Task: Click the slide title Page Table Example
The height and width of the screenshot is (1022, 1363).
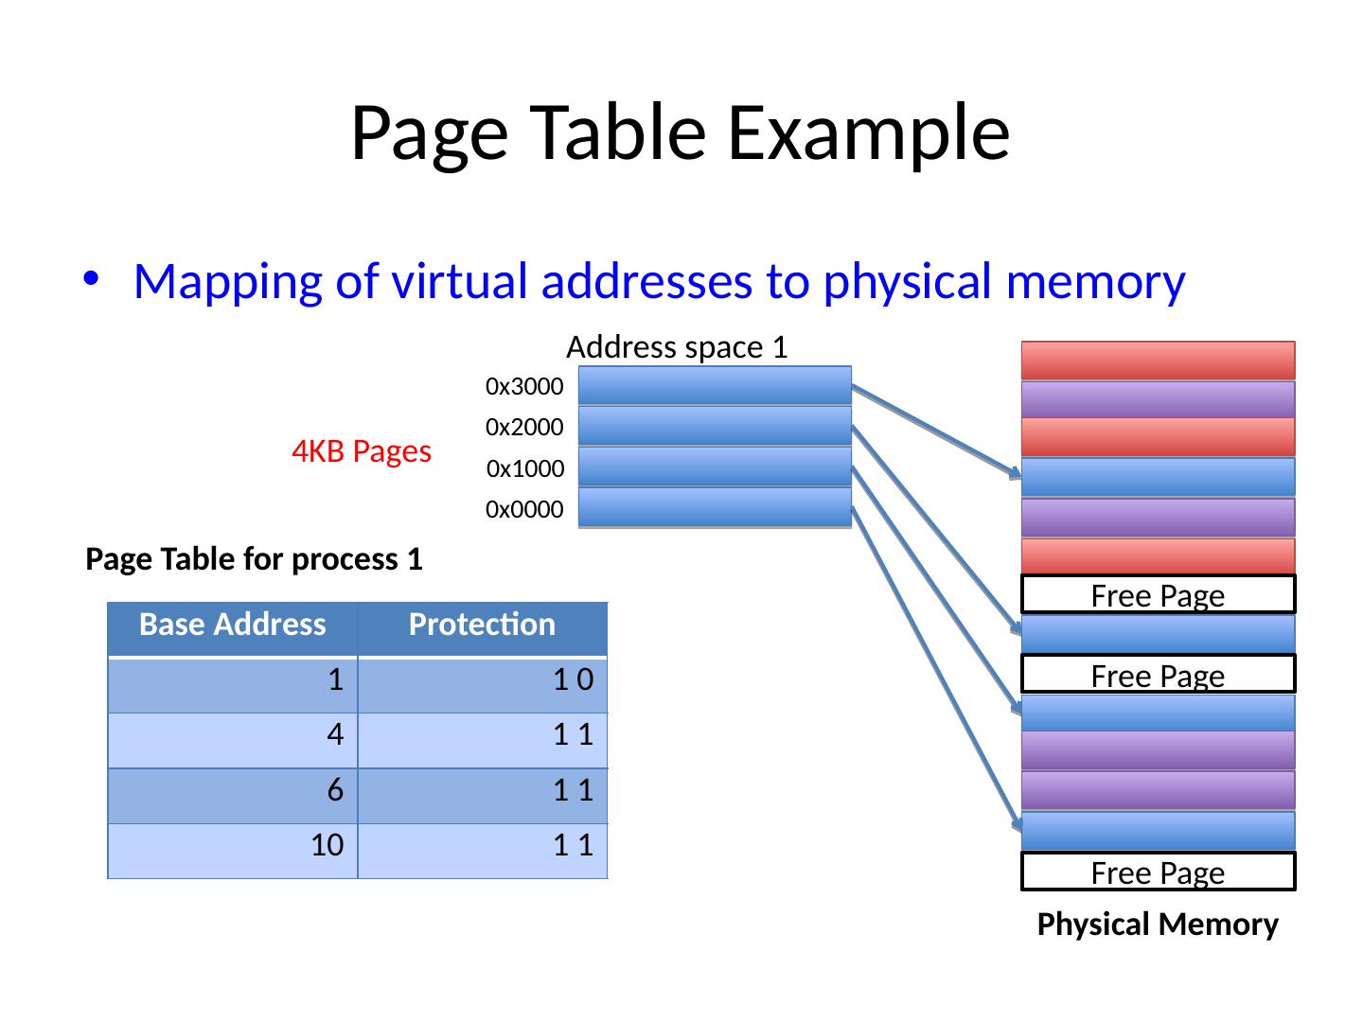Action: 680,132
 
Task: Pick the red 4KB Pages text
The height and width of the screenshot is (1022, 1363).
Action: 362,452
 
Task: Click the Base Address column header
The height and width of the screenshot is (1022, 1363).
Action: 233,626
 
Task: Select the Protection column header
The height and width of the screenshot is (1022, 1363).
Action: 482,626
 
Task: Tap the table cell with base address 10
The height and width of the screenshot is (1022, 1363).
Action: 233,846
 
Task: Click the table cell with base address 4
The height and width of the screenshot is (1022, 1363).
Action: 233,735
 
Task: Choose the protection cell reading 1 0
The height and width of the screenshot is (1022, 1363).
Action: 482,680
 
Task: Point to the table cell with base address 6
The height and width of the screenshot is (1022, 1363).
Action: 233,791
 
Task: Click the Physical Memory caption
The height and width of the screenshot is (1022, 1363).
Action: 1158,925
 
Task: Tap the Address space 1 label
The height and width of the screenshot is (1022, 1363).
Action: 677,348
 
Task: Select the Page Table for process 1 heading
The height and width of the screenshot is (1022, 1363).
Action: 254,560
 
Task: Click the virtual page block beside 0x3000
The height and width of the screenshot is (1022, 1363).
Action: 715,385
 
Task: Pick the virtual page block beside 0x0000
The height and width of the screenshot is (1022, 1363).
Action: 715,507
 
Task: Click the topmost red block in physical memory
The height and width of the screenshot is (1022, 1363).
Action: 1158,361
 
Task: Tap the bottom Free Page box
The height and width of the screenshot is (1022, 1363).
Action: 1158,872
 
